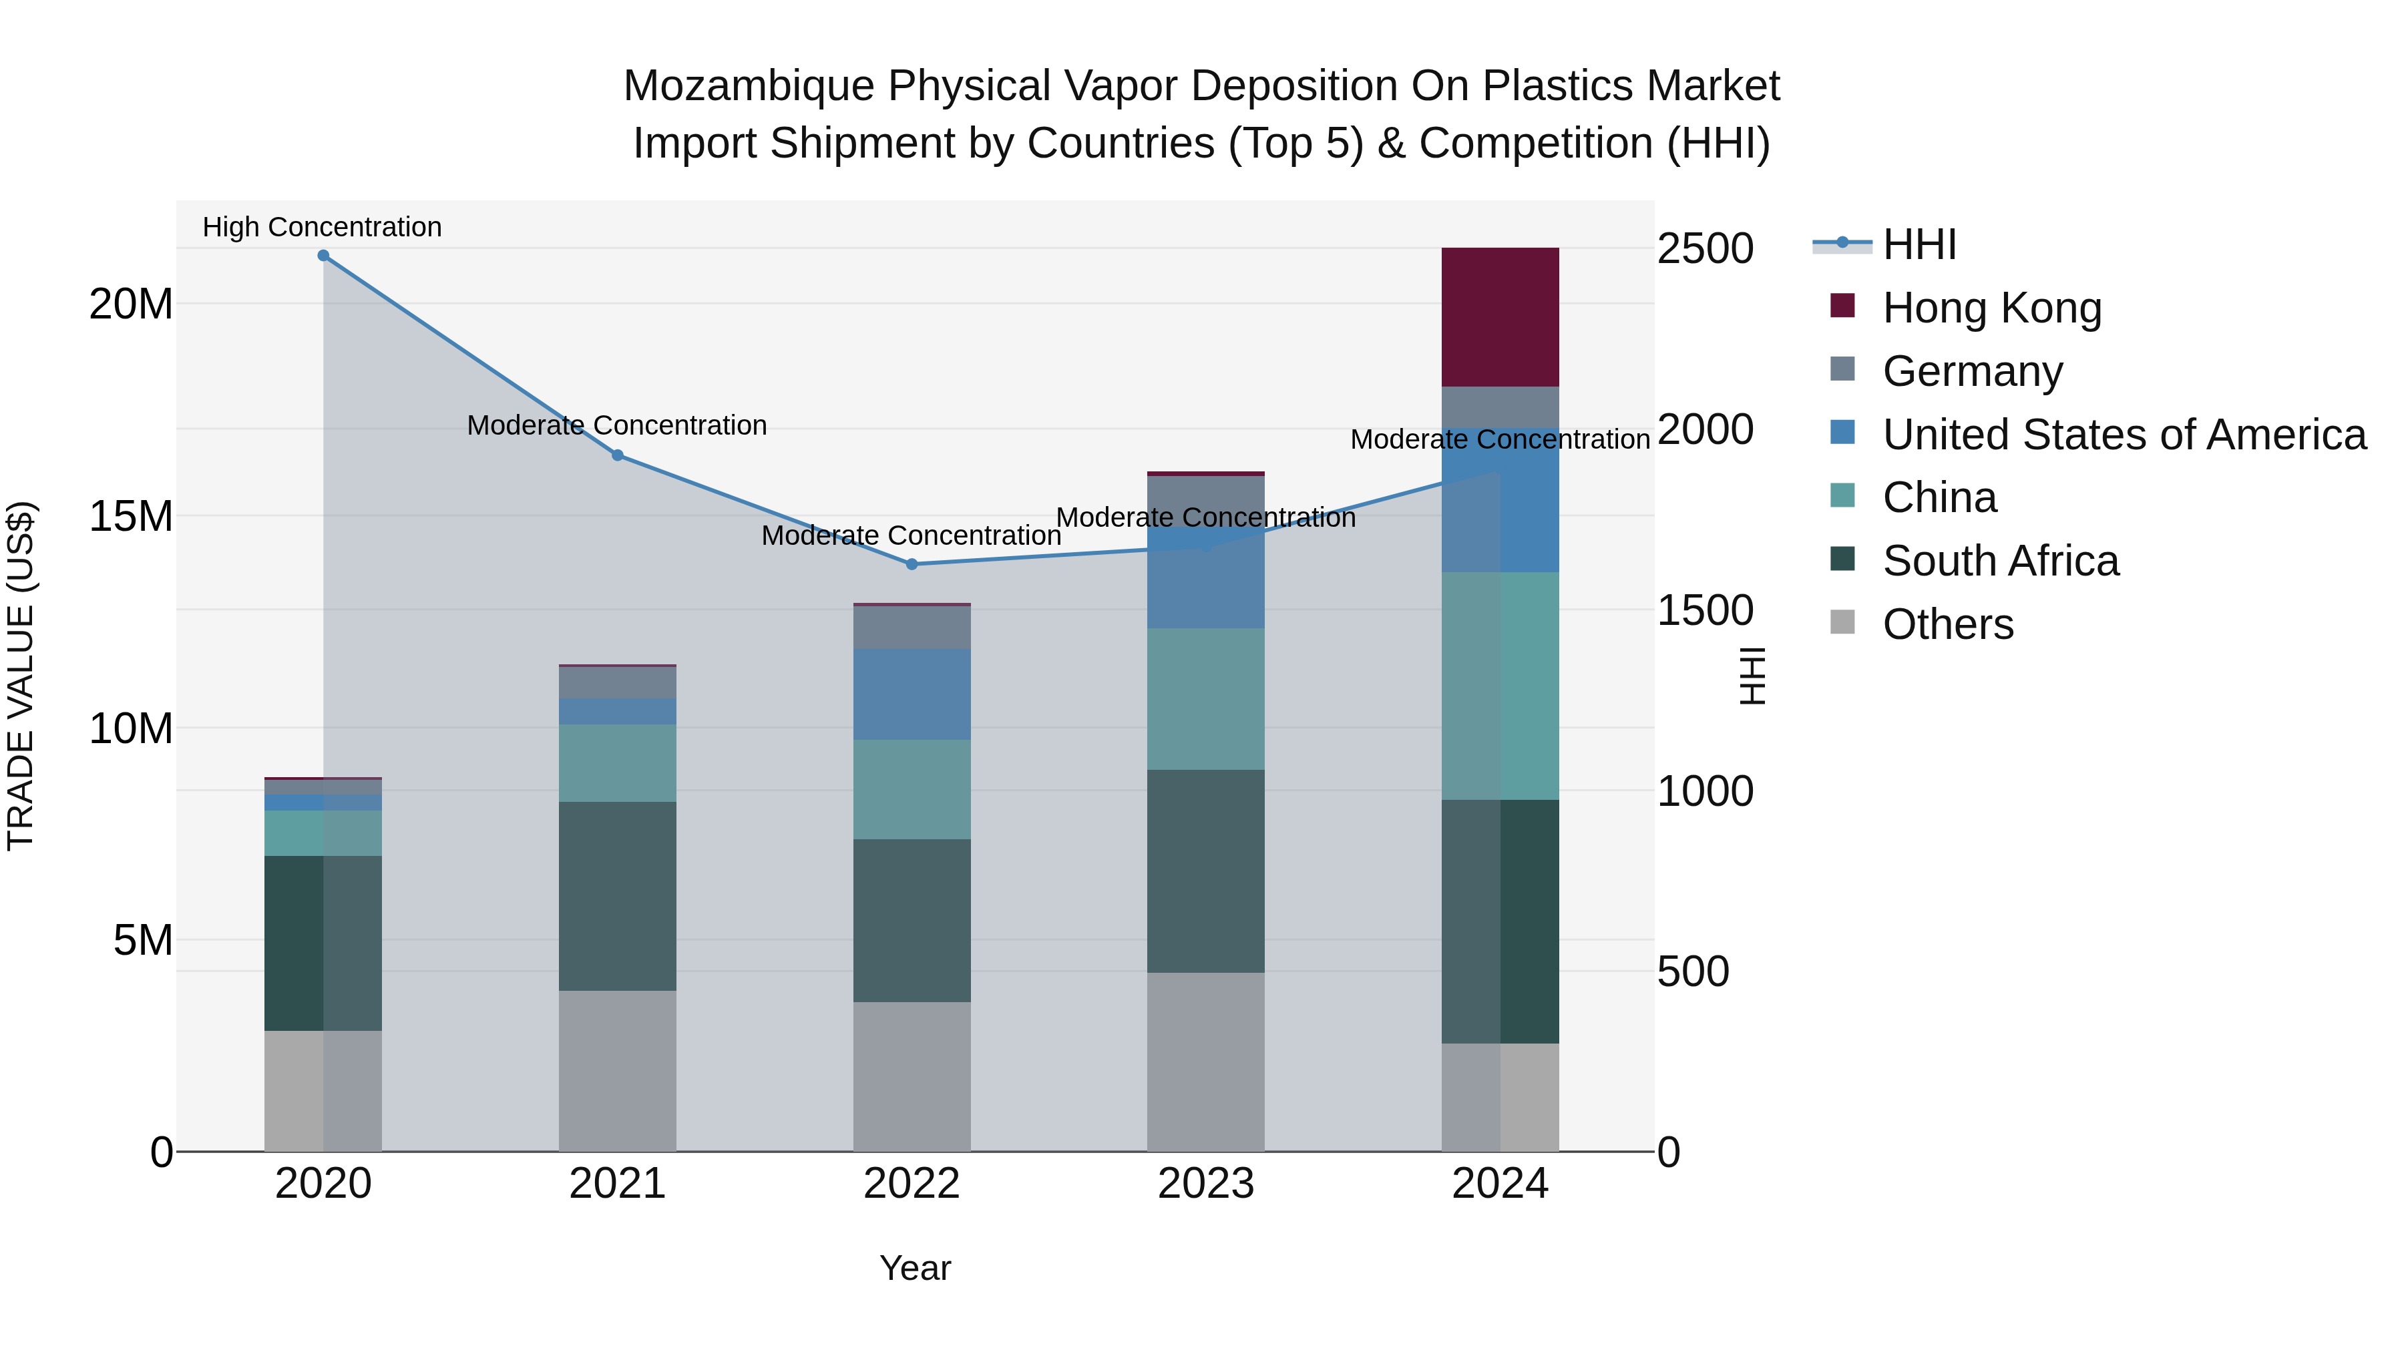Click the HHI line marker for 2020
(x=323, y=256)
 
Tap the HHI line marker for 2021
(x=617, y=455)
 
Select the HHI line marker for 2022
(x=912, y=564)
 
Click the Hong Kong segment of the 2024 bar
(x=1500, y=317)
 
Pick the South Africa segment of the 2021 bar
(x=617, y=896)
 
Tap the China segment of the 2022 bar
(x=912, y=789)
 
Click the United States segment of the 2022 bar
(x=912, y=694)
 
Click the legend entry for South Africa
(x=2000, y=561)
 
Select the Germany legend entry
(x=1972, y=371)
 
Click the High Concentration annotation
(x=322, y=228)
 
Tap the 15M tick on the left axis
(x=131, y=516)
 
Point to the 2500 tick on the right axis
(x=1705, y=249)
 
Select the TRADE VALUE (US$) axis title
(x=21, y=676)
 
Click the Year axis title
(x=915, y=1268)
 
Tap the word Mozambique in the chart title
(x=749, y=86)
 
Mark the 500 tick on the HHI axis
(x=1693, y=971)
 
